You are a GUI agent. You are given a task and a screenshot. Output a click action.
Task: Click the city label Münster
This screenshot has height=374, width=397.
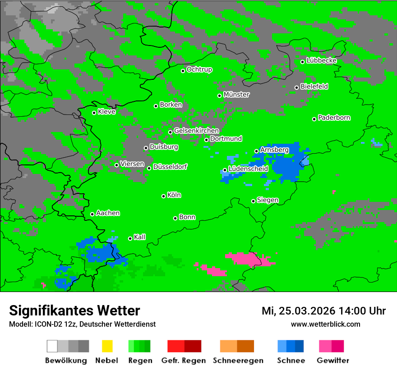coord(236,95)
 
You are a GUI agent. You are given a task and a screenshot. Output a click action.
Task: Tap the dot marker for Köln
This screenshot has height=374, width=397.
coord(163,196)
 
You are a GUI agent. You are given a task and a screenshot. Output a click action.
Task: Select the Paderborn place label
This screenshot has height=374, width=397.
coord(334,118)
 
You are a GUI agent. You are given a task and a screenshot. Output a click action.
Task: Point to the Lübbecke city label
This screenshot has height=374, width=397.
coord(322,60)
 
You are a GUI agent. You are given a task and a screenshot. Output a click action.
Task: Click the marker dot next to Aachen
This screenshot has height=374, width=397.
coord(92,214)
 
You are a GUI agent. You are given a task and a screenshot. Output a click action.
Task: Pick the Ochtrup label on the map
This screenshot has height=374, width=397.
coord(199,69)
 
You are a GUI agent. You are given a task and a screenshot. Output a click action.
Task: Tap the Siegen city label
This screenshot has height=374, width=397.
coord(268,200)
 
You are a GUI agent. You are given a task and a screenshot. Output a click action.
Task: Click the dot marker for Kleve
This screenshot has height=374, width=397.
coord(94,113)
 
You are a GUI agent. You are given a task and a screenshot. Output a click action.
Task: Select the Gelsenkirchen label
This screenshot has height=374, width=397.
coord(197,131)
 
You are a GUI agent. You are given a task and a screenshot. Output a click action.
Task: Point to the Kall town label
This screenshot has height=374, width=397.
coord(140,237)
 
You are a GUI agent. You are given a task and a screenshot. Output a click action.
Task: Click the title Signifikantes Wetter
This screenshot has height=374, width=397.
coord(74,310)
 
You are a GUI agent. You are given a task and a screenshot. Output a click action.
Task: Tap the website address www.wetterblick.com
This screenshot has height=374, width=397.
coord(325,324)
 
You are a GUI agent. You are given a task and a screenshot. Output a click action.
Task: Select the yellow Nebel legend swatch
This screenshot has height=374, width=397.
coord(107,346)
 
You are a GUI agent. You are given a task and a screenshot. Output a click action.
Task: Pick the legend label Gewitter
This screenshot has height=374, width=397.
coord(333,360)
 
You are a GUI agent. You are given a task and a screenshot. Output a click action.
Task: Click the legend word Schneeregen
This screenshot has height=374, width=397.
coord(237,360)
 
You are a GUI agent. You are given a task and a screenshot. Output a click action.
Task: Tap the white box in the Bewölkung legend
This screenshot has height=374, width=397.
coord(52,346)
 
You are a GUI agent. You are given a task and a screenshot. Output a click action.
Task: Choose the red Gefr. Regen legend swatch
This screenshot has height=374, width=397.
coord(176,346)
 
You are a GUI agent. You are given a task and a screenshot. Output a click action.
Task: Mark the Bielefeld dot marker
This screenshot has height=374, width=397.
coord(296,87)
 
